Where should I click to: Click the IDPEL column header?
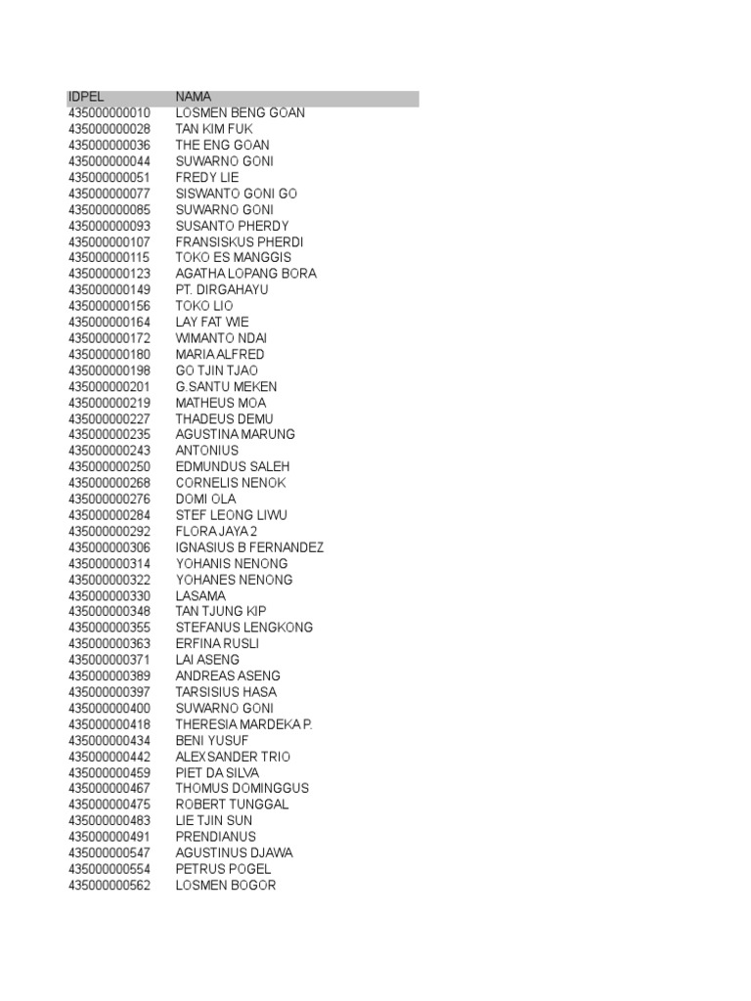(85, 97)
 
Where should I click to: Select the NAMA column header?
(193, 97)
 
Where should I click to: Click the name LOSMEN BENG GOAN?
(240, 113)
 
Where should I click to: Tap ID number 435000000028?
(110, 129)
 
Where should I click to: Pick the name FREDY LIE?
(206, 178)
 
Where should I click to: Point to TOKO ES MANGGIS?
(233, 258)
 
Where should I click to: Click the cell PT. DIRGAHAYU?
(221, 290)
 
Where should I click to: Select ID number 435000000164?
(110, 322)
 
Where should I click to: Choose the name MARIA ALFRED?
(219, 354)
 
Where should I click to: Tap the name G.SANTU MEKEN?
(226, 386)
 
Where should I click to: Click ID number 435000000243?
(110, 451)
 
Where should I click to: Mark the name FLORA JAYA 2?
(216, 531)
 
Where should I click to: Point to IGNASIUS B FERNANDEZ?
(249, 547)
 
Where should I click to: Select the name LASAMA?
(200, 595)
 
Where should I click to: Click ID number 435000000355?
(110, 628)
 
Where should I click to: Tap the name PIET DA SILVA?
(217, 772)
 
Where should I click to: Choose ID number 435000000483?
(110, 820)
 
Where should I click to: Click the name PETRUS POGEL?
(223, 869)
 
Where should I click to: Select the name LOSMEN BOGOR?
(225, 885)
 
